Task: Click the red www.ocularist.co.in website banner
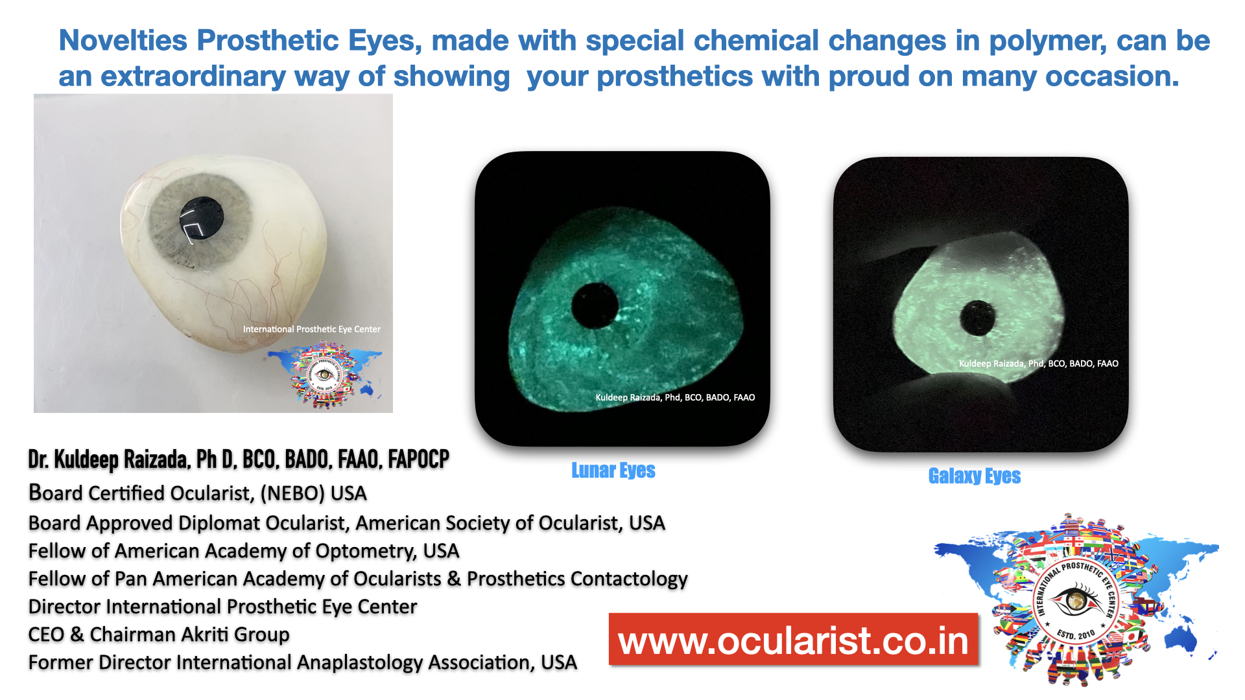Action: pyautogui.click(x=793, y=640)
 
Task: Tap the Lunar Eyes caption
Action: pyautogui.click(x=613, y=471)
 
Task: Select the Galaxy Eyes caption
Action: pyautogui.click(x=975, y=476)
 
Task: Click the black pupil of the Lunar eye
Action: pyautogui.click(x=595, y=305)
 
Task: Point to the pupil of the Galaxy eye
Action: pyautogui.click(x=977, y=318)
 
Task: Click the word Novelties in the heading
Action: pyautogui.click(x=123, y=40)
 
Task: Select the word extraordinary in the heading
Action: pyautogui.click(x=193, y=76)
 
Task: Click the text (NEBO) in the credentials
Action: pyautogui.click(x=292, y=493)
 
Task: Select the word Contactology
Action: pyautogui.click(x=626, y=579)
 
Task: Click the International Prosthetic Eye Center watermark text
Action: pyautogui.click(x=312, y=329)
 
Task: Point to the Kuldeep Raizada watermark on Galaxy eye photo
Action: pyautogui.click(x=1039, y=364)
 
